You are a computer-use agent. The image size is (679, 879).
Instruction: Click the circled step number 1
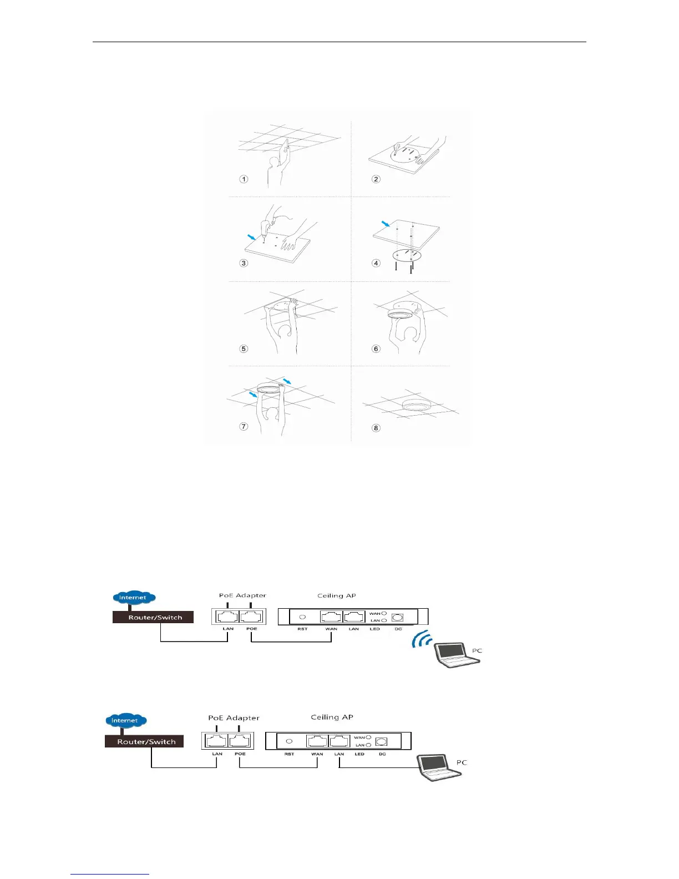(244, 179)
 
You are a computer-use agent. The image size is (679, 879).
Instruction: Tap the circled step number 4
(376, 262)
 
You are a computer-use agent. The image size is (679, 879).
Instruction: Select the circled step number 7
(244, 426)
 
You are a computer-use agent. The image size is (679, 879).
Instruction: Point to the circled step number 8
(376, 428)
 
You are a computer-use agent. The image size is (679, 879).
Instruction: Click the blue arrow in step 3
(252, 237)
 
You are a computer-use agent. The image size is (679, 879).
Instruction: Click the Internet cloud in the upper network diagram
(133, 598)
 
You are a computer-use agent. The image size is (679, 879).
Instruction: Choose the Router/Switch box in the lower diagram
(144, 741)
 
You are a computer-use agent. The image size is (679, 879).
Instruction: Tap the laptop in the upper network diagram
(457, 655)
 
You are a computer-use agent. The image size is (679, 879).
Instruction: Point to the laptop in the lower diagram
(440, 767)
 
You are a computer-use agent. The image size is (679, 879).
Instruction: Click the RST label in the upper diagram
(302, 629)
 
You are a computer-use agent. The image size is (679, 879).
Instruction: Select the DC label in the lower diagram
(382, 754)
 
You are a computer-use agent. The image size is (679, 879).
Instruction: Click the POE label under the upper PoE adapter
(251, 629)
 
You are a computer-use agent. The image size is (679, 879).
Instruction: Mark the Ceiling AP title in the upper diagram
(336, 595)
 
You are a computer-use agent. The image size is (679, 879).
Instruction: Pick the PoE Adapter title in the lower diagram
(234, 718)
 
